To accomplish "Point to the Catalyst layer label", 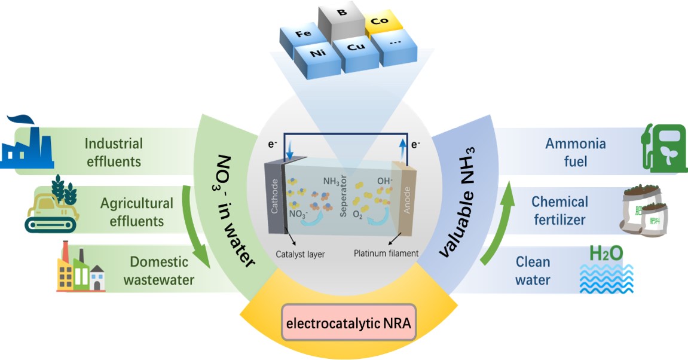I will pos(300,254).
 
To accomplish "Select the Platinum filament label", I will pos(386,254).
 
